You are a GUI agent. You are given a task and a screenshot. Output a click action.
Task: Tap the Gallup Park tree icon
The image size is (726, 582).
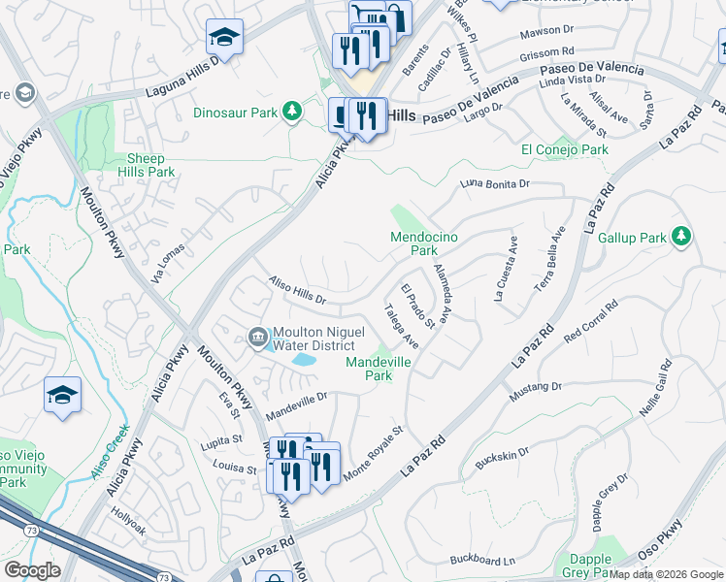click(681, 236)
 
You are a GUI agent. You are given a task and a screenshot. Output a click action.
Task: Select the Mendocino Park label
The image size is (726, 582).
click(423, 243)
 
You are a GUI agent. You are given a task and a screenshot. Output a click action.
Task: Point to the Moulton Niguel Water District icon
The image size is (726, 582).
click(257, 336)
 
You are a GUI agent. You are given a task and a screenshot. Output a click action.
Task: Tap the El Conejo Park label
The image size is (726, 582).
click(564, 149)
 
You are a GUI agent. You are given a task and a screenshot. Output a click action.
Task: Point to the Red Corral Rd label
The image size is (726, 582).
click(590, 322)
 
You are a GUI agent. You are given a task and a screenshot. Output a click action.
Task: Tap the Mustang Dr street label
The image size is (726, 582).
click(535, 392)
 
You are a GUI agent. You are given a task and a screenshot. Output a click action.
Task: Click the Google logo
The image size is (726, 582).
click(33, 570)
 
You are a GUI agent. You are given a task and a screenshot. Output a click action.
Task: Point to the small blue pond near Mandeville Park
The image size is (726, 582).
click(304, 360)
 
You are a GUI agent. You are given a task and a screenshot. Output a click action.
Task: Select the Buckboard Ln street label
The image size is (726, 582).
click(482, 561)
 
